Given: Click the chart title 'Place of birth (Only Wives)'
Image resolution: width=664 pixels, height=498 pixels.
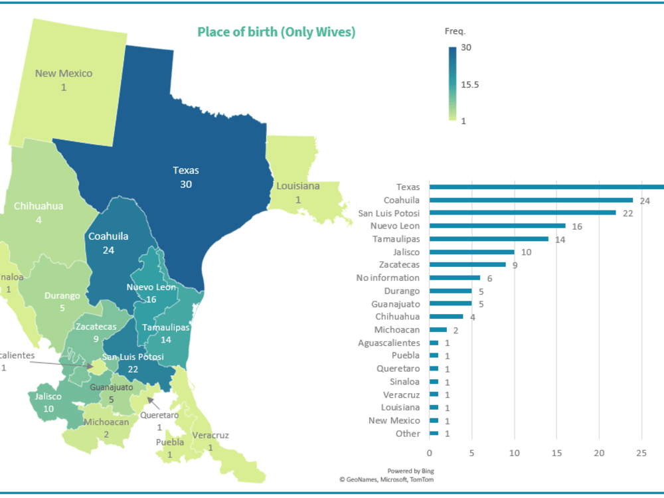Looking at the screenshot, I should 276,32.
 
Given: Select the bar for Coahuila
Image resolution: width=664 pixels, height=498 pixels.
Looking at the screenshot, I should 531,200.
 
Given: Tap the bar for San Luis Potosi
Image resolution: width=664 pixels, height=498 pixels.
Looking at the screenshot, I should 523,213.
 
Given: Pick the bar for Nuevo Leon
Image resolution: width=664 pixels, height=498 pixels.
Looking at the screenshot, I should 497,226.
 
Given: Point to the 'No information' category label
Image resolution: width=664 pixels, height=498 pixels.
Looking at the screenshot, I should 388,278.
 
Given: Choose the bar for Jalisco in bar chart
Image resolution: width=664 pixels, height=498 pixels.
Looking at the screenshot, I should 471,252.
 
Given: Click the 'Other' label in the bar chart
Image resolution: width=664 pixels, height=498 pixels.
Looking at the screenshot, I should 408,434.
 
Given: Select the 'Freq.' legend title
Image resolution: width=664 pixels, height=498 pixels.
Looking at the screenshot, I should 455,31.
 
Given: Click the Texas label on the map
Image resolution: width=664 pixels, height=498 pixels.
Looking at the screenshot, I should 186,170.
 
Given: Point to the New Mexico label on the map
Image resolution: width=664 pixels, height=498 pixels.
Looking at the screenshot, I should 64,73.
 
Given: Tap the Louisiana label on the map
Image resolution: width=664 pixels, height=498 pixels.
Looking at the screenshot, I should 298,186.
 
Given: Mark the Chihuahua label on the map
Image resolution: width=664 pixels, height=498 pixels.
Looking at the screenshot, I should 39,206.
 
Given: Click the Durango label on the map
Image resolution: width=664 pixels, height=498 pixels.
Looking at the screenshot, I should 62,295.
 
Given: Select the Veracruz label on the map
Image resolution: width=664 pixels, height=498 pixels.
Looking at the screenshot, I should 210,436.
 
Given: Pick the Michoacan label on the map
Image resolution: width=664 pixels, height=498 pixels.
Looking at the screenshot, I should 106,422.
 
